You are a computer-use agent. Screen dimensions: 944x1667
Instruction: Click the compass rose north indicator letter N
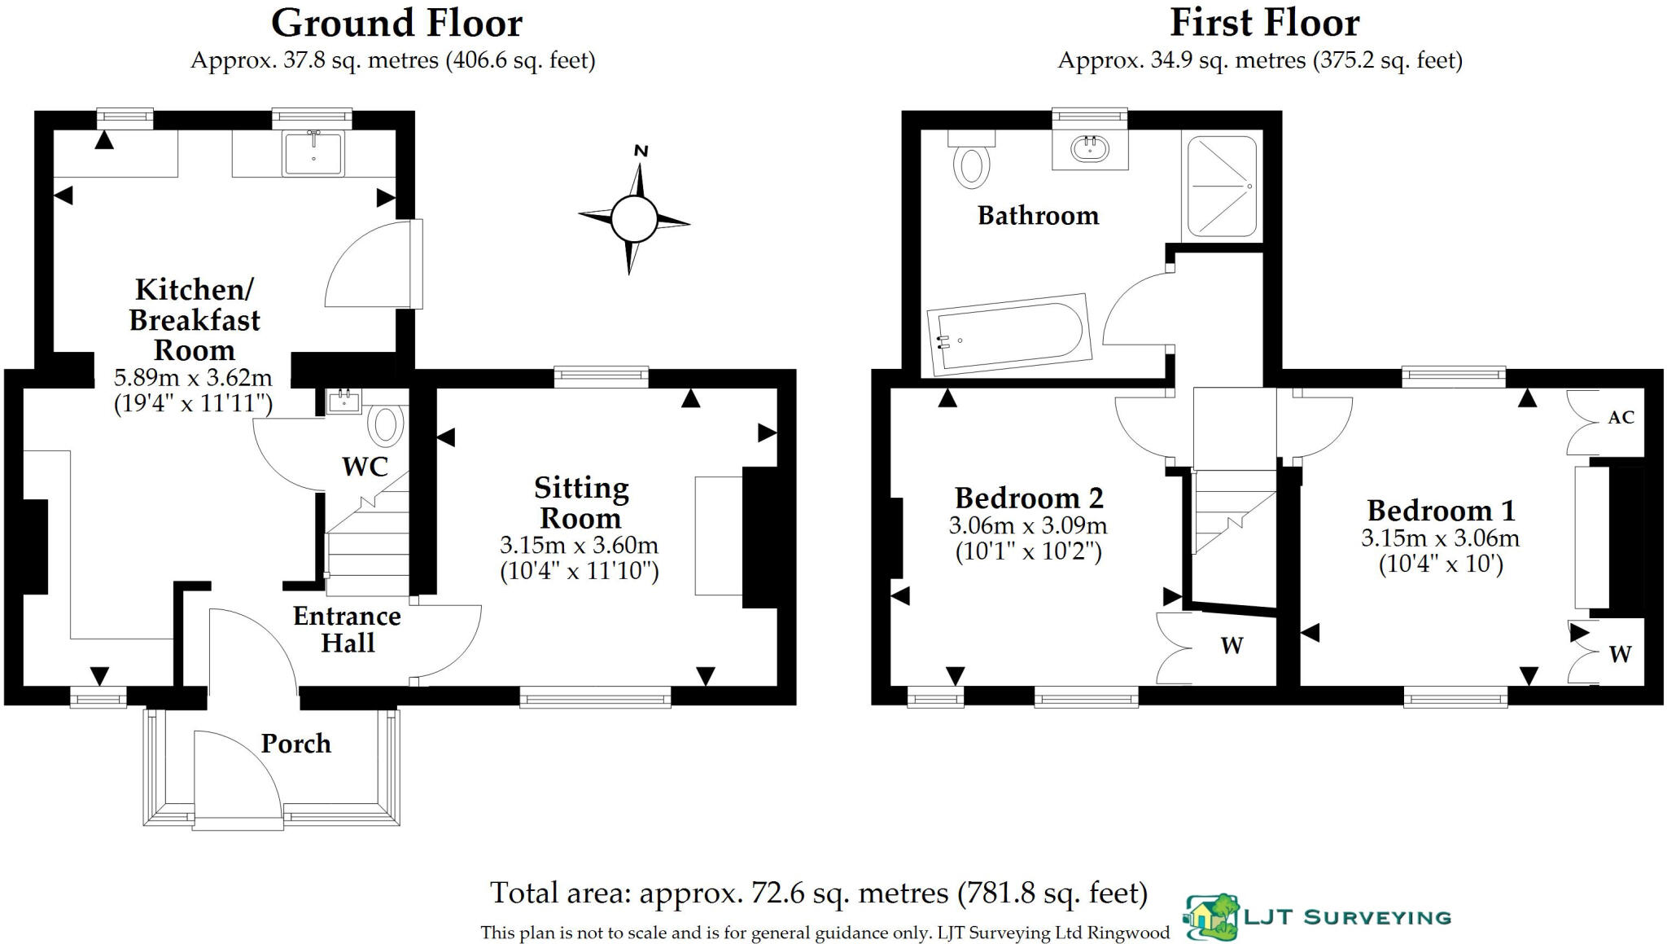click(641, 151)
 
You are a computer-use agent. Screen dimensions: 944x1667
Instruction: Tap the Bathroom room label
click(1038, 216)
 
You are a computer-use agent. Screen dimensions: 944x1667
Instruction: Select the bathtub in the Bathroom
click(1009, 335)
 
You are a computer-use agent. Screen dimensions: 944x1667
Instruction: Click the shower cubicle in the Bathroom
click(1222, 187)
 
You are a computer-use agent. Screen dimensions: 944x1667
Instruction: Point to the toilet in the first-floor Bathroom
click(971, 165)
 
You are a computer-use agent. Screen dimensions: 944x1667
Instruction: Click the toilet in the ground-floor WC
click(386, 424)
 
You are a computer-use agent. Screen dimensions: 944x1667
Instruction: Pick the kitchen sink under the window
click(313, 153)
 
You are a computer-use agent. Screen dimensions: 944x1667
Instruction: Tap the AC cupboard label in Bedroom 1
click(1621, 418)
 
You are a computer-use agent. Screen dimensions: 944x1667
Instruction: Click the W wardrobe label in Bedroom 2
click(1232, 646)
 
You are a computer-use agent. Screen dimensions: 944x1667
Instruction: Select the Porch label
click(295, 744)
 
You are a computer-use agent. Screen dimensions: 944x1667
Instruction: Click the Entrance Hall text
click(347, 629)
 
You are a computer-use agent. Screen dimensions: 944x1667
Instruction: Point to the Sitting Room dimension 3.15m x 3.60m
click(579, 545)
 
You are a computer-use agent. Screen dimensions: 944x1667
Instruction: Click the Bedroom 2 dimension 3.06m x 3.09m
click(1028, 525)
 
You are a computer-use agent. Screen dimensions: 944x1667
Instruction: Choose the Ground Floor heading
click(396, 23)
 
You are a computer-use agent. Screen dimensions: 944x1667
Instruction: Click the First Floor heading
click(1264, 23)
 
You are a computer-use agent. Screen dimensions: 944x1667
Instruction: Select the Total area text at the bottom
click(818, 894)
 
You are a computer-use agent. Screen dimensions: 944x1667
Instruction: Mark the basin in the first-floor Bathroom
click(1089, 149)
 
